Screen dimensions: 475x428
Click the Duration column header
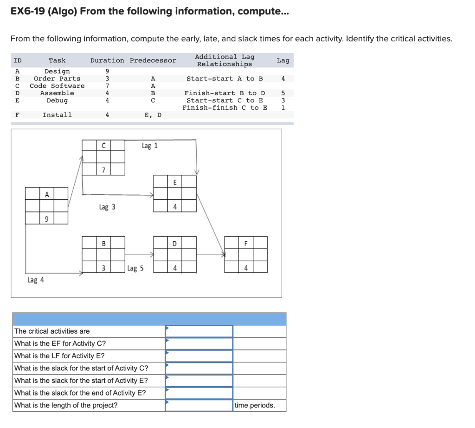(x=107, y=60)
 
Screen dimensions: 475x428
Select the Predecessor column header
(x=153, y=60)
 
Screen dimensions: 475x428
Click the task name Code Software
(x=57, y=86)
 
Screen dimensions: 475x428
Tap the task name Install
(x=57, y=115)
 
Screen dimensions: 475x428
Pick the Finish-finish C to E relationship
(x=225, y=108)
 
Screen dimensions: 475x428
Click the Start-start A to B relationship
(x=225, y=79)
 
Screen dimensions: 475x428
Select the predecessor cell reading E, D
(x=153, y=115)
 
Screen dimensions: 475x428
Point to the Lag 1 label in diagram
(x=149, y=146)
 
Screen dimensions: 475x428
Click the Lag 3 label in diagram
(x=107, y=207)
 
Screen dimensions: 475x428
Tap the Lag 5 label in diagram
(x=135, y=268)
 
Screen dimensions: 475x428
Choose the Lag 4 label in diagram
(x=36, y=280)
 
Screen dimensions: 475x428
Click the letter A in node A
(x=47, y=194)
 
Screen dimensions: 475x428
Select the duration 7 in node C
(x=103, y=170)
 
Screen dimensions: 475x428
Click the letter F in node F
(x=246, y=243)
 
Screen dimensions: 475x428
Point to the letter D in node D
(x=175, y=243)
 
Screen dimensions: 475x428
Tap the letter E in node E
(x=175, y=182)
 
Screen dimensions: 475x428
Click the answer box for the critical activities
(x=199, y=331)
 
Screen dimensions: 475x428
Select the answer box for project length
(x=199, y=405)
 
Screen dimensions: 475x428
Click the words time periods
(x=255, y=405)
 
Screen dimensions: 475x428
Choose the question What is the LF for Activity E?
(x=59, y=356)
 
